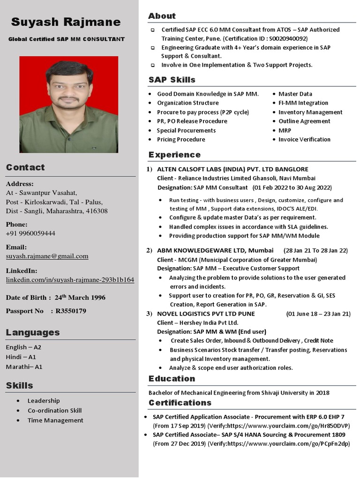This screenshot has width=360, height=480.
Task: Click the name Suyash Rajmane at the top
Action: [66, 22]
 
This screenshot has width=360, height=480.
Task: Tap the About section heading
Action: [162, 16]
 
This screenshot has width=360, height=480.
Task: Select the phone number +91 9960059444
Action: [30, 233]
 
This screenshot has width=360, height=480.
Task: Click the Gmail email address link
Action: [47, 256]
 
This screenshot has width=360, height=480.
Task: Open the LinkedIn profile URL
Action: [70, 279]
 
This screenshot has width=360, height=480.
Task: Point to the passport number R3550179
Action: [71, 311]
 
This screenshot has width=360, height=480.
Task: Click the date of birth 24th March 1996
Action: [80, 297]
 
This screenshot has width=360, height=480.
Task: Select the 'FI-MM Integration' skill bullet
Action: [303, 103]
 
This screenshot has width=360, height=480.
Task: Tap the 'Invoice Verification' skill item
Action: [304, 139]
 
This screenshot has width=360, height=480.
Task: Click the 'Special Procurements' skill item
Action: [186, 130]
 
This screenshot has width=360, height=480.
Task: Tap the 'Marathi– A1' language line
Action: [24, 367]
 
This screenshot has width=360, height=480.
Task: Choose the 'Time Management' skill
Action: [55, 420]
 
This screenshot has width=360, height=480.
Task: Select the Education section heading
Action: [172, 378]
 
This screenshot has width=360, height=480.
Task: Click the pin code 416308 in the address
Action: [97, 211]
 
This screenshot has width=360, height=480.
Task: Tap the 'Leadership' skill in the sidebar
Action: [44, 400]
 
